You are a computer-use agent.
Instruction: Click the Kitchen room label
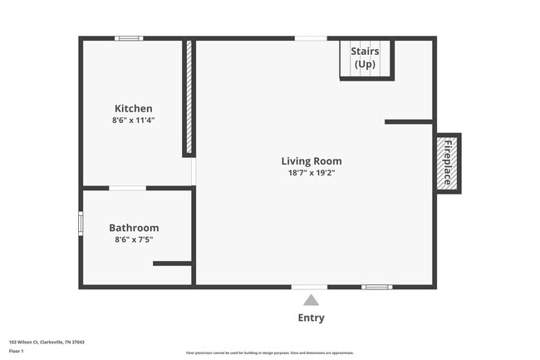tap(133, 108)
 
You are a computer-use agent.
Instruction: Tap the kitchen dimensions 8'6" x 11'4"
tap(133, 121)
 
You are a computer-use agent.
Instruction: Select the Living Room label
tap(311, 161)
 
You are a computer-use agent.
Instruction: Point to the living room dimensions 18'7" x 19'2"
tap(311, 173)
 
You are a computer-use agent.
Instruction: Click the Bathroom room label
tap(134, 228)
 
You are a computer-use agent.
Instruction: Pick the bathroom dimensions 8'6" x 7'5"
tap(134, 239)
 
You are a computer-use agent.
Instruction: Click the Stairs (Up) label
tap(365, 57)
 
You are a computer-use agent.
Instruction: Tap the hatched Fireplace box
tap(447, 163)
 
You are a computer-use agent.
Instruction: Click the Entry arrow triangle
tap(310, 300)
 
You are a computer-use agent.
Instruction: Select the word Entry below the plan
tap(311, 318)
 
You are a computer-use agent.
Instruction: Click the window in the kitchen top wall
tap(129, 38)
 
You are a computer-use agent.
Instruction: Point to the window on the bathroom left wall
tap(81, 223)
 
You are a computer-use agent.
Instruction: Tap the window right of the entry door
tap(376, 287)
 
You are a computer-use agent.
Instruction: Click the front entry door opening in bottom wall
tap(309, 287)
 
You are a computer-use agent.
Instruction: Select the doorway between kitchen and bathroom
tap(127, 188)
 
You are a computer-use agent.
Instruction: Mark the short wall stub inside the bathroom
tap(172, 264)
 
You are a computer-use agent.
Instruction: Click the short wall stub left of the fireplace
tap(408, 122)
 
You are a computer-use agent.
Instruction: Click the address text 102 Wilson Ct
tap(47, 342)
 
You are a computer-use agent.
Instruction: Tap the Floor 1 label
tap(17, 351)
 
